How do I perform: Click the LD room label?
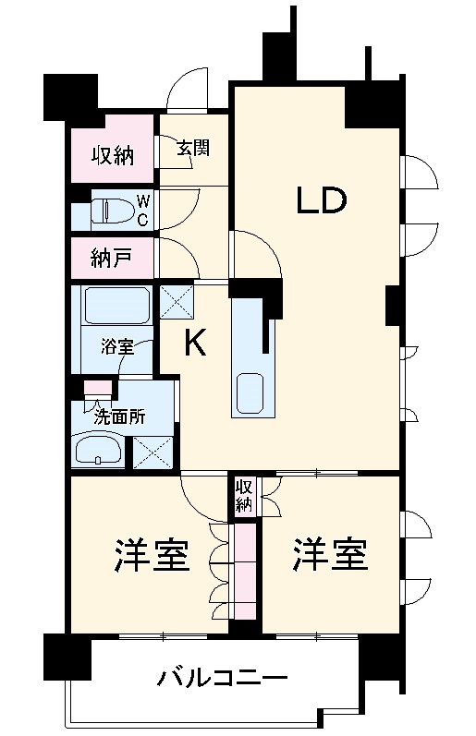[x=321, y=200]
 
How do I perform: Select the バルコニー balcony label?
[x=222, y=678]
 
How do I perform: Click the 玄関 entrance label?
[x=193, y=149]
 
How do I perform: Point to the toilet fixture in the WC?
[x=111, y=210]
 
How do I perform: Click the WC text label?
[x=143, y=211]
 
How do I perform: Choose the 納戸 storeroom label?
[x=111, y=259]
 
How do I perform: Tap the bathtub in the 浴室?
[x=117, y=305]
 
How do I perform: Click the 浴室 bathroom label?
[x=118, y=347]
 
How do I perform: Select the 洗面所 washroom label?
[x=120, y=416]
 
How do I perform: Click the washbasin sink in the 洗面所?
[x=98, y=448]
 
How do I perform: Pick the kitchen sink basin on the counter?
[x=249, y=392]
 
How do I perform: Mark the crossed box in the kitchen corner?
[x=177, y=301]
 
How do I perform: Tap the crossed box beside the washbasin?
[x=153, y=452]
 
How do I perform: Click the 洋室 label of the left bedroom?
[x=152, y=556]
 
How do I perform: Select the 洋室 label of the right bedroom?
[x=329, y=555]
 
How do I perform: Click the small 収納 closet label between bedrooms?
[x=244, y=496]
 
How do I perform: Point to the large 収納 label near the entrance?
[x=113, y=155]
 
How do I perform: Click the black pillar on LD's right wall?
[x=393, y=305]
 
